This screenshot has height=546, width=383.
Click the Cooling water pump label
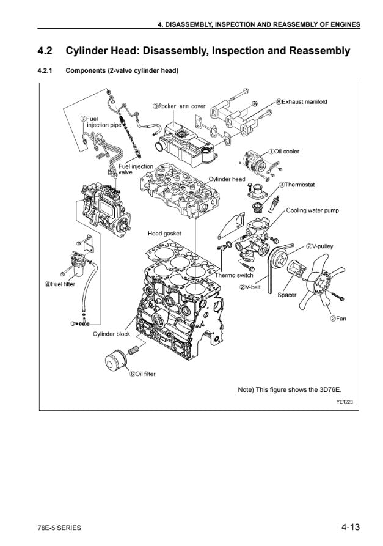click(312, 210)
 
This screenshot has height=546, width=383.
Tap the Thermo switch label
click(234, 275)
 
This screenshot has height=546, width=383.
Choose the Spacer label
click(287, 295)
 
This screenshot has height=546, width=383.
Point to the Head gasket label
click(164, 234)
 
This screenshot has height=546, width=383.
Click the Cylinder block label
click(111, 334)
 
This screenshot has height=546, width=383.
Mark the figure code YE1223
click(345, 402)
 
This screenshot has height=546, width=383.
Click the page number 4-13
click(350, 527)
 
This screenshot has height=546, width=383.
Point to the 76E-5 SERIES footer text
click(59, 528)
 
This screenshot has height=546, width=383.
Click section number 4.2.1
click(45, 71)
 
